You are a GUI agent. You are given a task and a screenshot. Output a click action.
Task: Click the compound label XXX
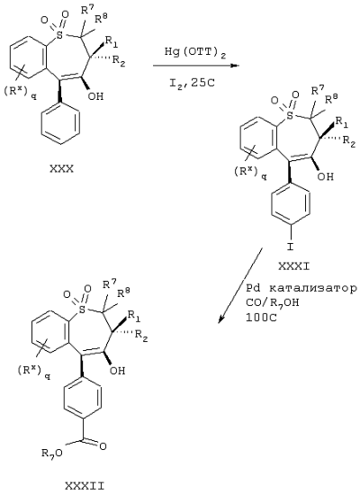(x=61, y=169)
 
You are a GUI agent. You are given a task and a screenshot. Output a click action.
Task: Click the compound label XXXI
(x=294, y=266)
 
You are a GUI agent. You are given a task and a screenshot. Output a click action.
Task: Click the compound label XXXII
(x=85, y=485)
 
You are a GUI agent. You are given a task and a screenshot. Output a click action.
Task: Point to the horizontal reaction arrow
(x=196, y=66)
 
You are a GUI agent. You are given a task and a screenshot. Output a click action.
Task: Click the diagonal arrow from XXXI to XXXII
(x=240, y=285)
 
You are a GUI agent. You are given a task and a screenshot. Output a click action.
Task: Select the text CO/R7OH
(x=273, y=303)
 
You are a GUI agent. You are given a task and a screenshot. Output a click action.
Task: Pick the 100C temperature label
(x=262, y=318)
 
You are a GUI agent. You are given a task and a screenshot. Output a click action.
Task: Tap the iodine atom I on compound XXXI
(x=290, y=247)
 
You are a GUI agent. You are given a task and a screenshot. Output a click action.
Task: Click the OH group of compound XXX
(x=95, y=96)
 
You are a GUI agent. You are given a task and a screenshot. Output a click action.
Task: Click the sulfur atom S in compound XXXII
(x=82, y=310)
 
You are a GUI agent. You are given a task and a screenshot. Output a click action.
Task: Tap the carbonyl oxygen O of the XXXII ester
(x=103, y=446)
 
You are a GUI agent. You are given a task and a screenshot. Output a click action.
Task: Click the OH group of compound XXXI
(x=326, y=176)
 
